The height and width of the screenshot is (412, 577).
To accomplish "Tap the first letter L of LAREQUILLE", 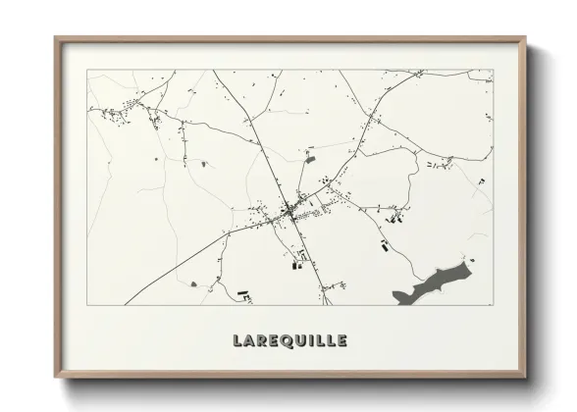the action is pyautogui.click(x=237, y=341).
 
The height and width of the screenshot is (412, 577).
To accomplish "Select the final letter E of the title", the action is pyautogui.click(x=341, y=341).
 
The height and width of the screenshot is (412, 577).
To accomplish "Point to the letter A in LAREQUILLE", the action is pyautogui.click(x=250, y=341).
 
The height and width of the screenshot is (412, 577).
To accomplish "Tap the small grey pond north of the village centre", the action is pyautogui.click(x=310, y=158).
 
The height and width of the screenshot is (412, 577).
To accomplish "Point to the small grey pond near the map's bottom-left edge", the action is pyautogui.click(x=193, y=283).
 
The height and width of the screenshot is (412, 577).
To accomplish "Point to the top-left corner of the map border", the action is pyautogui.click(x=88, y=70).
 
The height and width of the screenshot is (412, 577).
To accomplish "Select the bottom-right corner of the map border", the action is pyautogui.click(x=493, y=304).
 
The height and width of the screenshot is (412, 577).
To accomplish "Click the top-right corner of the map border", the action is pyautogui.click(x=493, y=70).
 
